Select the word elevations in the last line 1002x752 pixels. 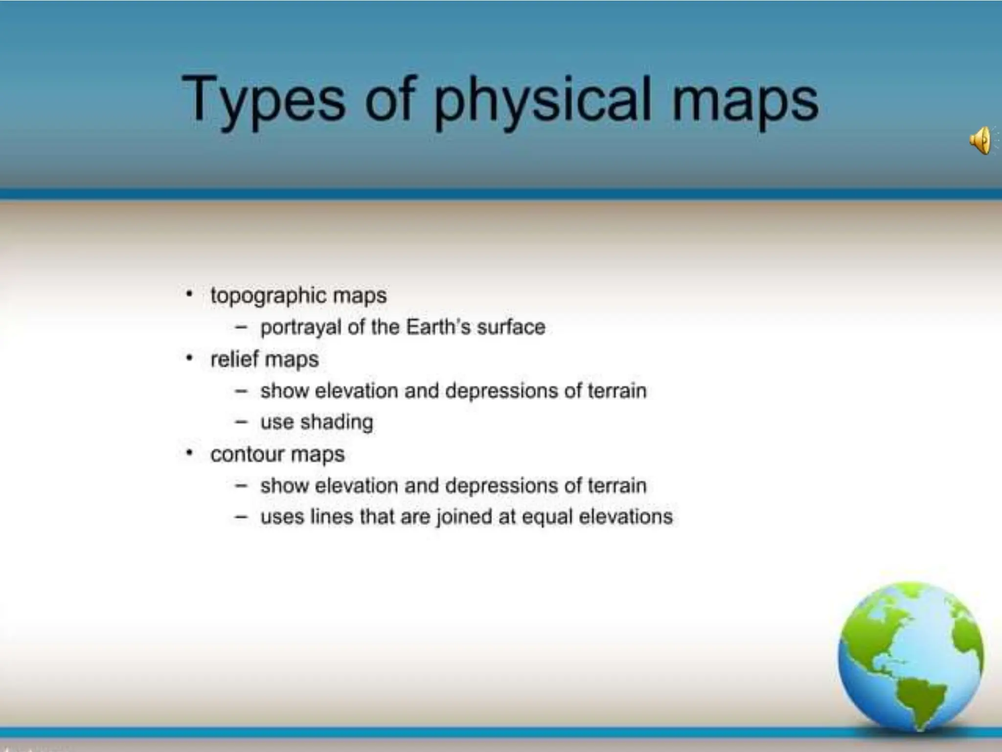625,517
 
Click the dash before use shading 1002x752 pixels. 241,422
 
